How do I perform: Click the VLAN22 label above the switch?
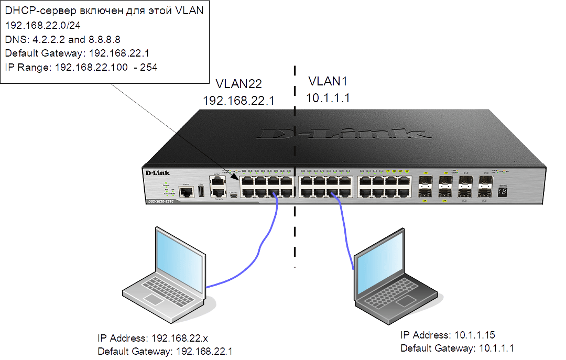coord(238,83)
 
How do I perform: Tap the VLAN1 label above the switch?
coord(328,81)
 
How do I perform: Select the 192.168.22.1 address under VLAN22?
coord(238,100)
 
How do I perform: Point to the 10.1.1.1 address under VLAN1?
coord(328,97)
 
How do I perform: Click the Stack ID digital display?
coord(502,192)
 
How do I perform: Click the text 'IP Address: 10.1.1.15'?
coord(448,335)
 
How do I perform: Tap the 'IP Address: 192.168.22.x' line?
coord(158,338)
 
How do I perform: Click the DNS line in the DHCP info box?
coord(63,39)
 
